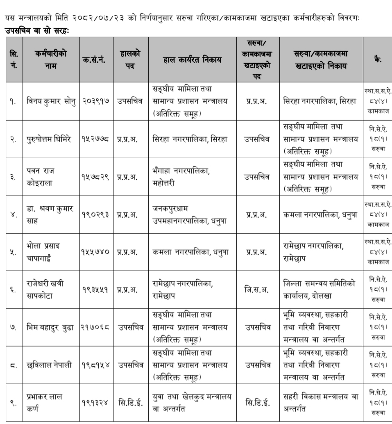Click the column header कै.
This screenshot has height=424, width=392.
[x=377, y=60]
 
